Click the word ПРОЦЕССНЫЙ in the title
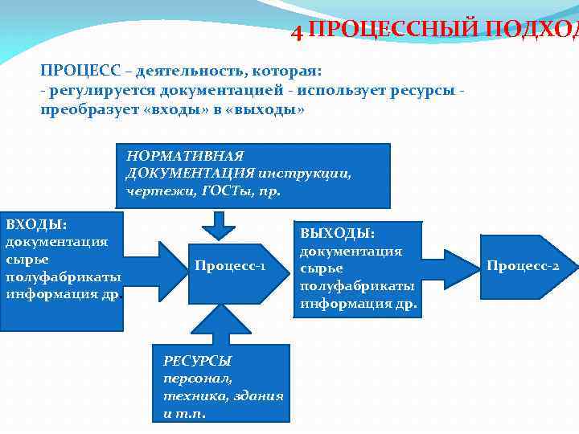(391, 31)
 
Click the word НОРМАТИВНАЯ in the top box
(184, 155)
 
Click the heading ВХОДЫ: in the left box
(36, 223)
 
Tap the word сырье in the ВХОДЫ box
(27, 259)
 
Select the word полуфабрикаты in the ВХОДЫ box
(63, 276)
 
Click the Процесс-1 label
(229, 265)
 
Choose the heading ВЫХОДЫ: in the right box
(337, 233)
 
